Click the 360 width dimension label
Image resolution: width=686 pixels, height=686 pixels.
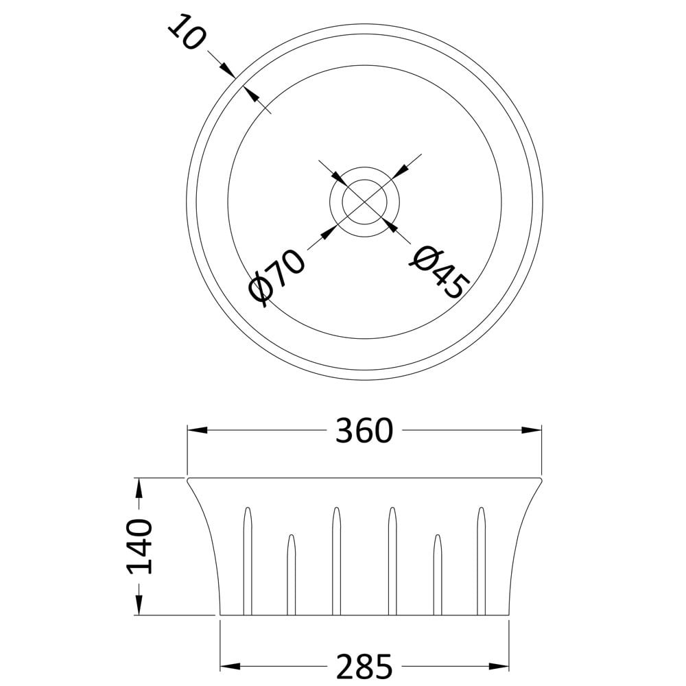coord(364,431)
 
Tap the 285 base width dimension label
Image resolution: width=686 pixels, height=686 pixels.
coord(364,667)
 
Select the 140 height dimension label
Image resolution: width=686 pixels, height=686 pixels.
coord(139,547)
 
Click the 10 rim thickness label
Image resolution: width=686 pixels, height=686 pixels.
coord(185,32)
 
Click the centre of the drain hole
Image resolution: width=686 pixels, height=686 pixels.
coord(364,202)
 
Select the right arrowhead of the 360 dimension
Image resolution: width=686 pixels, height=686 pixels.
coord(532,431)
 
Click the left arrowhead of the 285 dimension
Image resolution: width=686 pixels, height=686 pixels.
coord(230,667)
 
